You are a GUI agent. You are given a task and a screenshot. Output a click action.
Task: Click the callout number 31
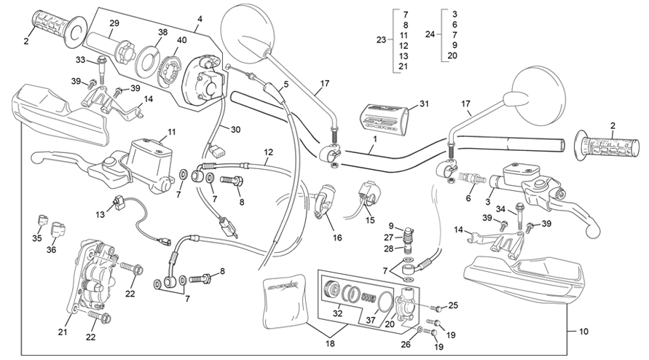(x=425, y=103)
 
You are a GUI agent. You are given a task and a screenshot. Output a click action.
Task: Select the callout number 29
(x=114, y=24)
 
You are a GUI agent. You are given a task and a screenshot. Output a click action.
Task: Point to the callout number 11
(x=172, y=132)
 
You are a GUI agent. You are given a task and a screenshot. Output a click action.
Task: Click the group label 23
(x=381, y=40)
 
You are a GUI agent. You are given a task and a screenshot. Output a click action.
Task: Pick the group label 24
(x=430, y=34)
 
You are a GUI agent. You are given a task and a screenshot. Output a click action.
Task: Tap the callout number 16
(x=337, y=238)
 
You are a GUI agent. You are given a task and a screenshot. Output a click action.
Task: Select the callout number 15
(x=369, y=219)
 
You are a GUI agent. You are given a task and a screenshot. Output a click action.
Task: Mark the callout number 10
(x=584, y=332)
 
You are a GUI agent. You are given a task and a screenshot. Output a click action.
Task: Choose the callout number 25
(x=453, y=305)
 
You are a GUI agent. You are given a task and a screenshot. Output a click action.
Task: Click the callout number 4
(x=200, y=17)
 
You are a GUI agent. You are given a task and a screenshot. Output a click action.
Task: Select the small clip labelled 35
(x=42, y=220)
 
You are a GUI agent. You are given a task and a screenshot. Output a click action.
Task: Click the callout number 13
(x=100, y=214)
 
